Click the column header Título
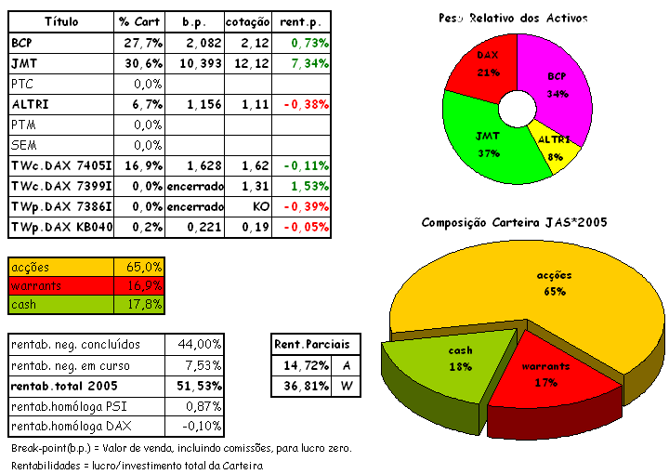[x=61, y=21]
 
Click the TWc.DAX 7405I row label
[x=61, y=165]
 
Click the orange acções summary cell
[x=60, y=267]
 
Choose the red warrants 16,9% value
[x=142, y=285]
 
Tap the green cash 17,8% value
[x=142, y=304]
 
